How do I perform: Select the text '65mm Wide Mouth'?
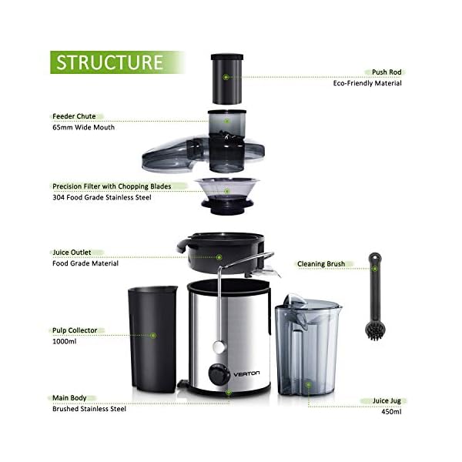click(83, 127)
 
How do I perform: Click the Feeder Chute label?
click(74, 116)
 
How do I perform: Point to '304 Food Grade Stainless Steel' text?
click(103, 197)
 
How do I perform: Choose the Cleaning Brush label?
click(321, 263)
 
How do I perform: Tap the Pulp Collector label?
click(75, 330)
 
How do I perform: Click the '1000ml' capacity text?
click(65, 341)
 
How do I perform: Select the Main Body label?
click(69, 398)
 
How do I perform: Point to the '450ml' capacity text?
click(391, 413)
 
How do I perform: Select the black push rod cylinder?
click(226, 78)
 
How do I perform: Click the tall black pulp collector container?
click(151, 336)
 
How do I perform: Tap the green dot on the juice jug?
click(308, 384)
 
